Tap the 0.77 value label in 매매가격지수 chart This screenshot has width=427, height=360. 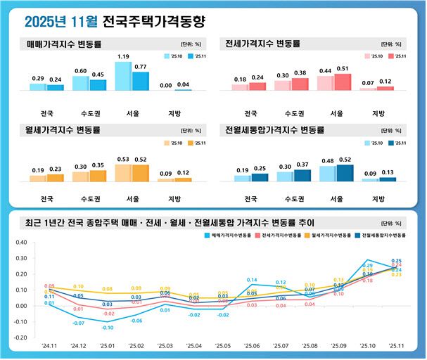tap(141, 66)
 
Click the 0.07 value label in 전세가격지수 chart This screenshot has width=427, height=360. tap(368, 83)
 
